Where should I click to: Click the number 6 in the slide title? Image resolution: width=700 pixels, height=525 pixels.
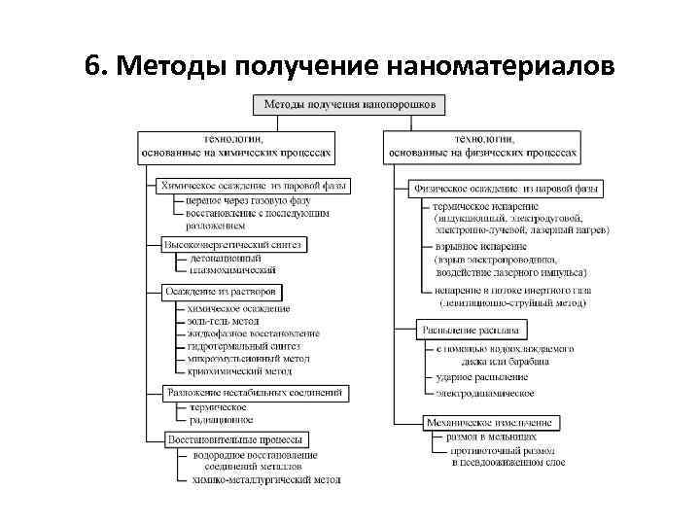pyautogui.click(x=91, y=66)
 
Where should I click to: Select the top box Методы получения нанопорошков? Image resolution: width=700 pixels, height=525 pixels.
pyautogui.click(x=351, y=103)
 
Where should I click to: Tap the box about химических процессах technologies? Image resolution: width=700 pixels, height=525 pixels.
pyautogui.click(x=237, y=146)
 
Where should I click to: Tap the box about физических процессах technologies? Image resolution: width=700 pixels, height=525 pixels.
pyautogui.click(x=482, y=146)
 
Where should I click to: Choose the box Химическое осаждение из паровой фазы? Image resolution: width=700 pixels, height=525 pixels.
pyautogui.click(x=255, y=185)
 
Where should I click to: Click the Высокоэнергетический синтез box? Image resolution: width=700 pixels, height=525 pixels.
pyautogui.click(x=233, y=244)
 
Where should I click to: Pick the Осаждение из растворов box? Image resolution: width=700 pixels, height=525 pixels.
pyautogui.click(x=223, y=292)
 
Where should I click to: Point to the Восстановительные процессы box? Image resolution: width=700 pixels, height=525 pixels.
pyautogui.click(x=238, y=439)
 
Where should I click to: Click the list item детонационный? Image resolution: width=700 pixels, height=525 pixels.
pyautogui.click(x=226, y=260)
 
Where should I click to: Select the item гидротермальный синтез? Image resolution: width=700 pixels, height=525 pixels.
pyautogui.click(x=244, y=345)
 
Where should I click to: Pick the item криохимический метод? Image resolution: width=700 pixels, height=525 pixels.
pyautogui.click(x=240, y=370)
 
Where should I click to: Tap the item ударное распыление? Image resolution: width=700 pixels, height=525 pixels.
pyautogui.click(x=482, y=376)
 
